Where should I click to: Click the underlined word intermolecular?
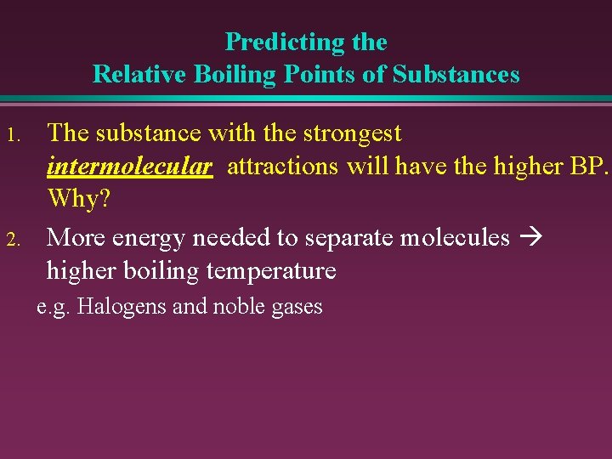tap(129, 167)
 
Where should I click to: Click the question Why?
tap(79, 200)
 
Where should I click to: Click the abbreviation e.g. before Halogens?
tap(54, 306)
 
